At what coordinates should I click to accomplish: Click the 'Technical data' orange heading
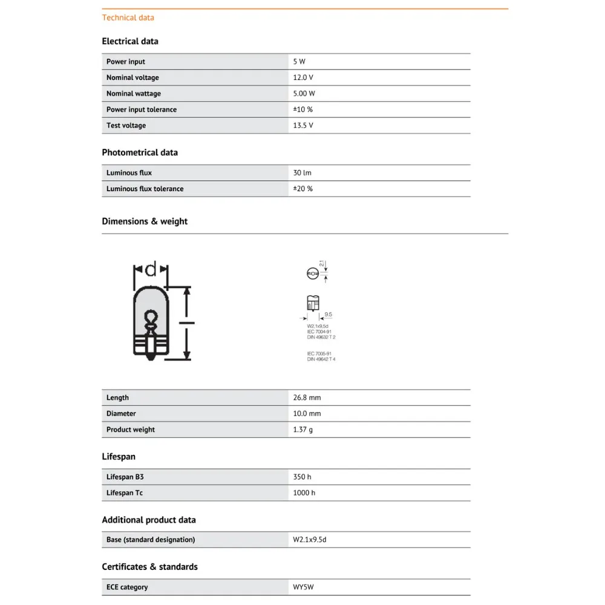128,18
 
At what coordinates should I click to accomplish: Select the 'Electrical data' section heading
130,41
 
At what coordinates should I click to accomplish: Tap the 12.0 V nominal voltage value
303,77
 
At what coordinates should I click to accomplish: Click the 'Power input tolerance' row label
142,110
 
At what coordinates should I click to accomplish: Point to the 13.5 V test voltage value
303,125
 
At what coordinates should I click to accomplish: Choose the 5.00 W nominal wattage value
304,94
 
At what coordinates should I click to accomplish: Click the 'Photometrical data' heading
140,152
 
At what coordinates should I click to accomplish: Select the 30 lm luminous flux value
302,173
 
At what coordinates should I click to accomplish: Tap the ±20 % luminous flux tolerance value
303,189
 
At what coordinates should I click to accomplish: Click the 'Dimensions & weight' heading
145,221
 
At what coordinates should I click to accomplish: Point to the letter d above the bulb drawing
151,268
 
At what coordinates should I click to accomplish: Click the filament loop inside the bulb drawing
150,318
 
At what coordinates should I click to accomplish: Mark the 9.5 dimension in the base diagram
329,315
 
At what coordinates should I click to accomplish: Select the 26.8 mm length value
307,397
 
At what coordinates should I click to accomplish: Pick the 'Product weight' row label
131,430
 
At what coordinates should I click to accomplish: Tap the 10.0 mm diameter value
307,414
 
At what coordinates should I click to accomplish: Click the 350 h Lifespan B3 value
302,477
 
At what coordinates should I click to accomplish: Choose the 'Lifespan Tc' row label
125,493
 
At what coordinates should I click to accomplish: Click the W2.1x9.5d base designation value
310,540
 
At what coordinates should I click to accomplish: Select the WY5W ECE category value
304,587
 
